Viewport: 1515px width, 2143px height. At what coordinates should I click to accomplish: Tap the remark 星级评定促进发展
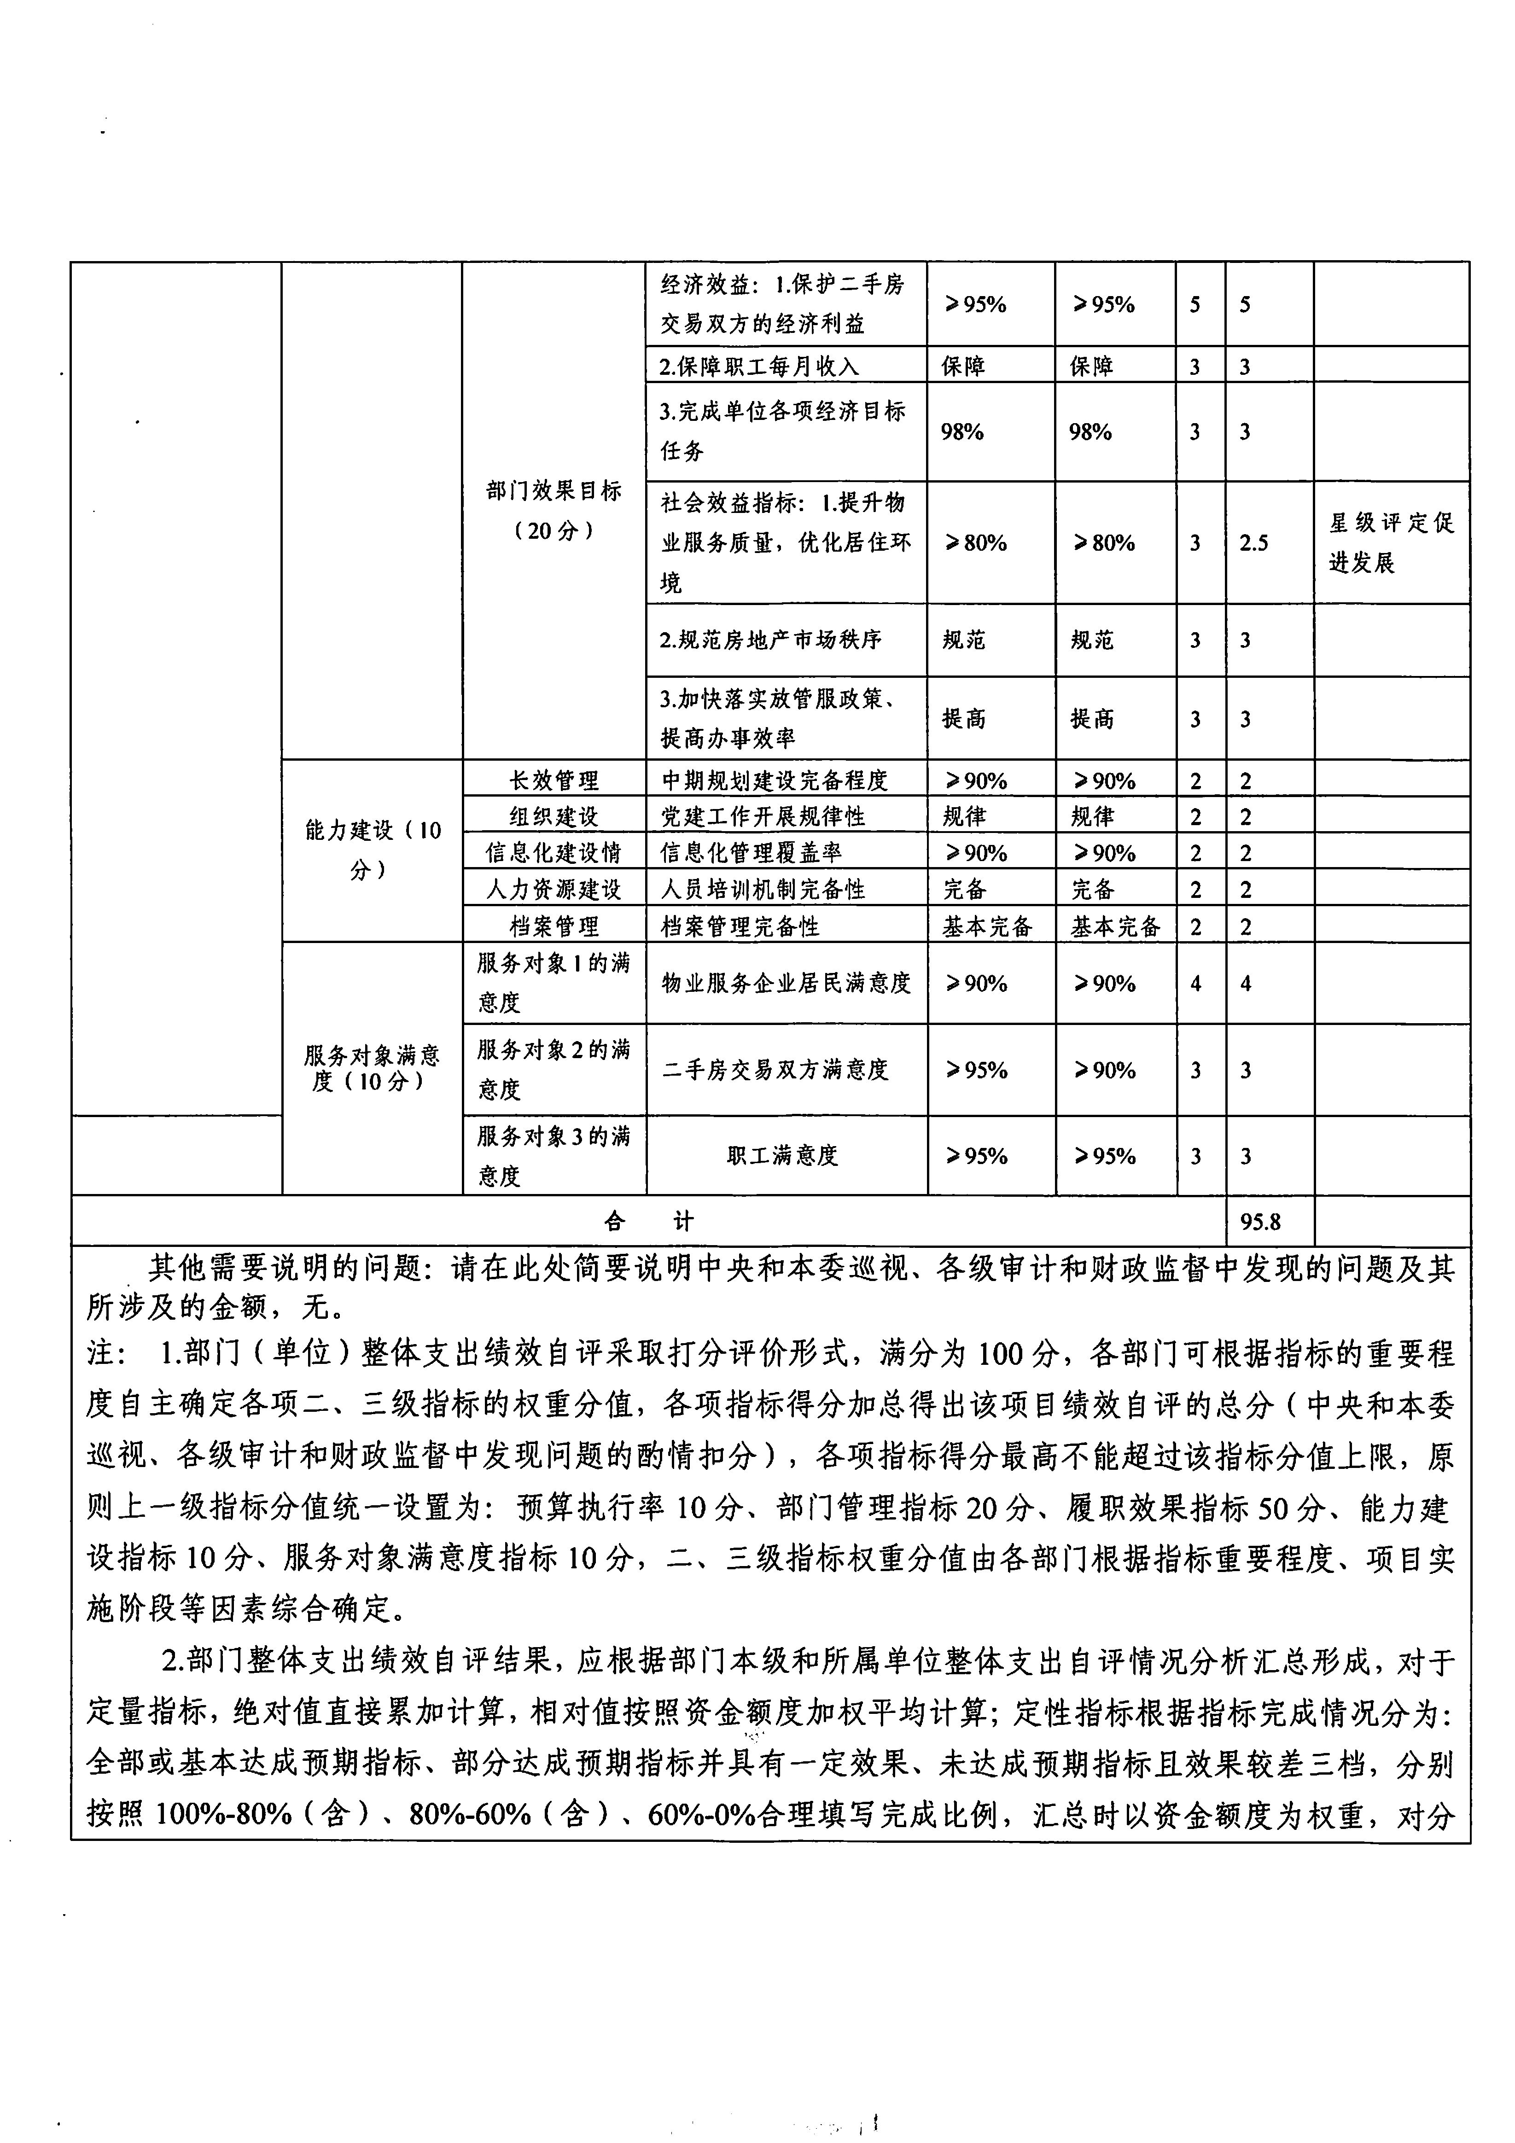point(1391,542)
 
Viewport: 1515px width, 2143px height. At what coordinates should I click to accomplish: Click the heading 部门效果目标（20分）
point(554,511)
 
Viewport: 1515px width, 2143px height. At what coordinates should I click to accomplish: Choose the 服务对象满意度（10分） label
point(372,1069)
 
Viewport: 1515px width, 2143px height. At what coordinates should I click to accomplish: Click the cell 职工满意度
point(782,1155)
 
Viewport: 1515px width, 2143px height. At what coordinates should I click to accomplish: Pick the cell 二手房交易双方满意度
point(775,1070)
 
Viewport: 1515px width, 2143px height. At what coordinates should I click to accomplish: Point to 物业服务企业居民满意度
point(786,983)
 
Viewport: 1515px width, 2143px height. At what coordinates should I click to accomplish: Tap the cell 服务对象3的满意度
point(554,1155)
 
